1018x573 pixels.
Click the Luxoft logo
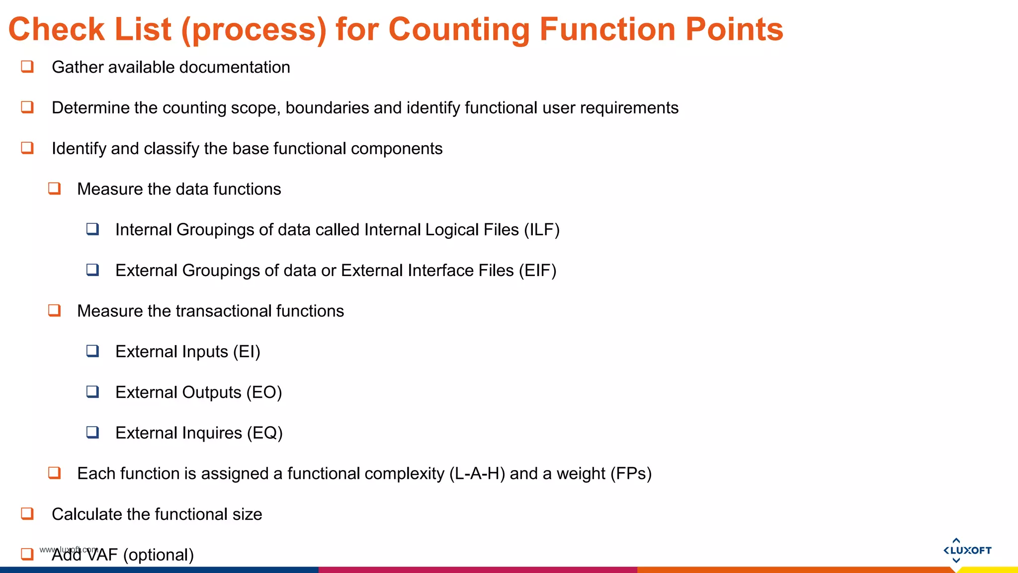point(967,550)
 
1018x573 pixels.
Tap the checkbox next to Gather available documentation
point(27,67)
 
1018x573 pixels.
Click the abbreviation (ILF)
point(542,230)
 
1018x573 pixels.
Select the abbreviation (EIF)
point(537,271)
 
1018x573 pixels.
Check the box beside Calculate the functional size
point(27,513)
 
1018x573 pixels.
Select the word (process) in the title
point(254,30)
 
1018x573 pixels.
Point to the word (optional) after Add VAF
point(159,555)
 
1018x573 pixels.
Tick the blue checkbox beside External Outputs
point(92,392)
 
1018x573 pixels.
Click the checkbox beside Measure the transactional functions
point(54,310)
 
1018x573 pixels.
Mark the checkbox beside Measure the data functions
point(54,189)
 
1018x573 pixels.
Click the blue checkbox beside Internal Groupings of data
point(92,229)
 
